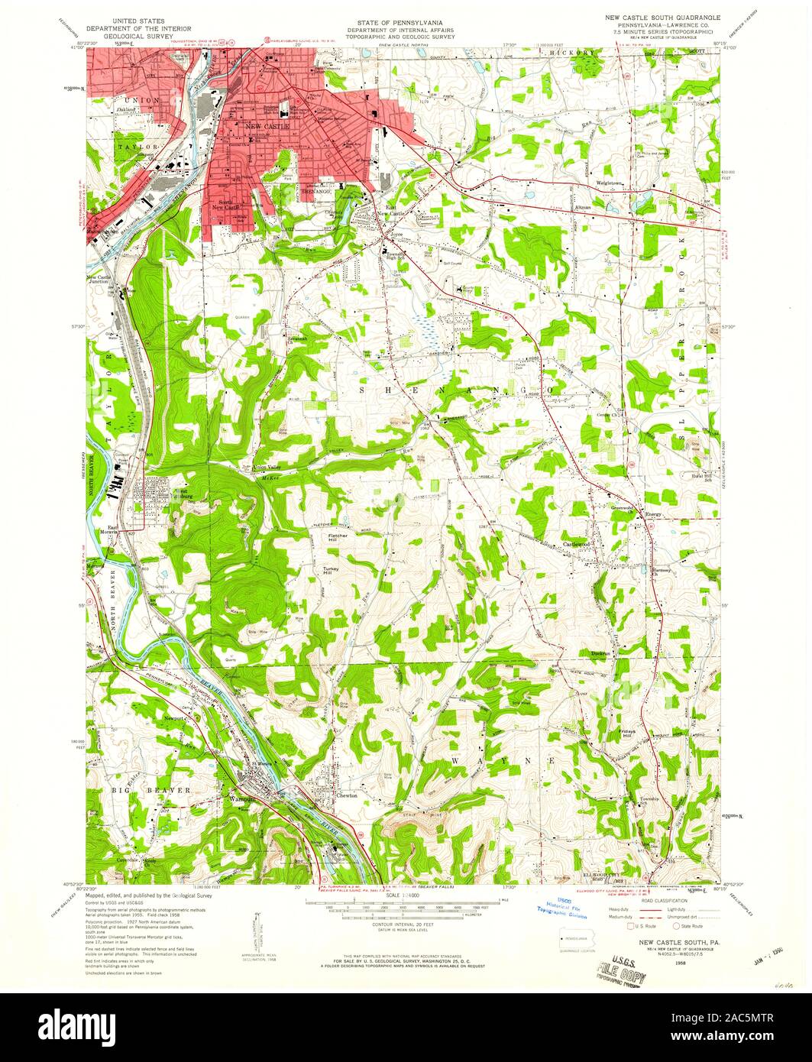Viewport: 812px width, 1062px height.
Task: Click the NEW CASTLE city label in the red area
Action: (265, 125)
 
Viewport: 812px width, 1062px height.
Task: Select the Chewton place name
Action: (346, 795)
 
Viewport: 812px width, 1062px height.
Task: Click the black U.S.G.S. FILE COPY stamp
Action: (620, 971)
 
